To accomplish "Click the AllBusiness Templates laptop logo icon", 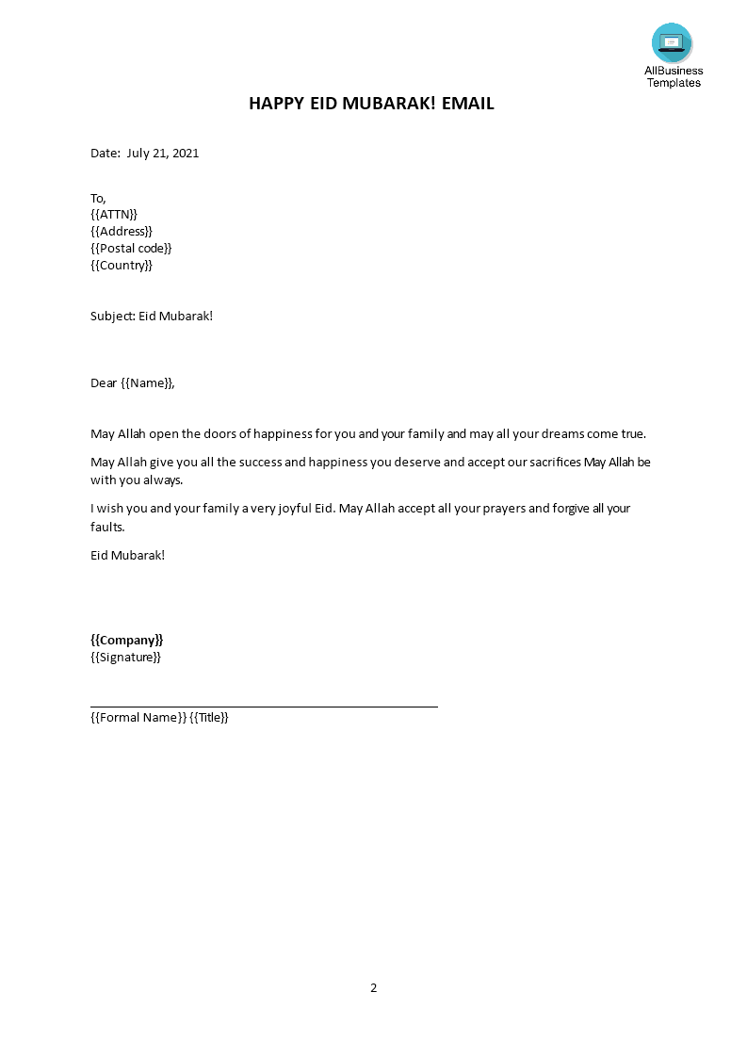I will coord(672,42).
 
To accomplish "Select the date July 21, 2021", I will coord(163,154).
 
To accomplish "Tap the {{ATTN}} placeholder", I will coord(114,215).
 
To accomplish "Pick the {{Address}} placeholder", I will coord(122,232).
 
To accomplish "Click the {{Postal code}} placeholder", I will coord(131,249).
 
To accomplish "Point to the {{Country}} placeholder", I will coord(122,266).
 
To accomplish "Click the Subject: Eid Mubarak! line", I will coord(152,317).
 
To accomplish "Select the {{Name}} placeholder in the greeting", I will coord(147,383).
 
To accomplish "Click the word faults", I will coord(107,527).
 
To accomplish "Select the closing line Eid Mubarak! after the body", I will coord(127,555).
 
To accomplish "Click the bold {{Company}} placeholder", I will coord(127,641).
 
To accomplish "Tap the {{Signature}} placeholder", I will coord(125,658).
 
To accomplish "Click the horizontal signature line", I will coord(264,706).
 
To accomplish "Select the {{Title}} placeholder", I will coord(209,718).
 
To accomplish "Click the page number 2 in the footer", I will coord(374,988).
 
